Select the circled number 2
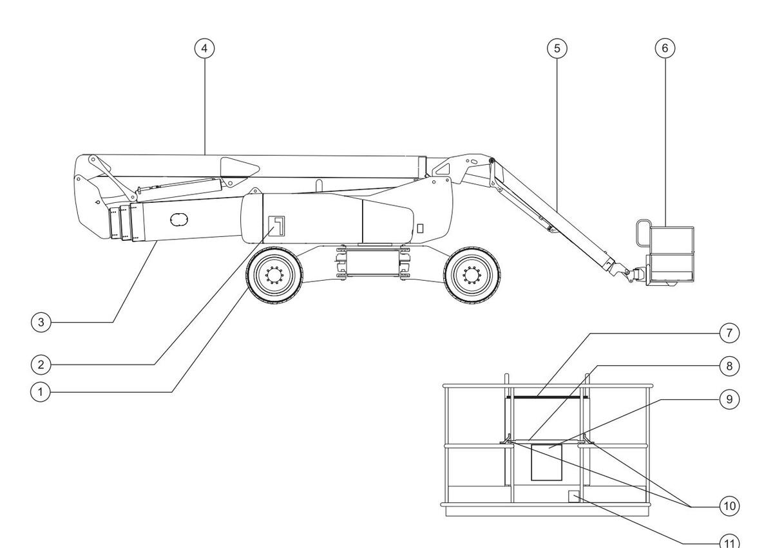click(41, 364)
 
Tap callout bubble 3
click(41, 322)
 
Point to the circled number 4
click(204, 48)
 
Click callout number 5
click(557, 48)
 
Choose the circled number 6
click(665, 48)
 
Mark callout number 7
click(729, 333)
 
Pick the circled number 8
click(729, 366)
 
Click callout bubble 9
click(729, 399)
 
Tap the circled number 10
click(729, 506)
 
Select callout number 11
click(729, 543)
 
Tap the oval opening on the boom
click(180, 220)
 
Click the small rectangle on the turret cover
click(421, 227)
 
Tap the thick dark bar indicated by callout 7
click(548, 397)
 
